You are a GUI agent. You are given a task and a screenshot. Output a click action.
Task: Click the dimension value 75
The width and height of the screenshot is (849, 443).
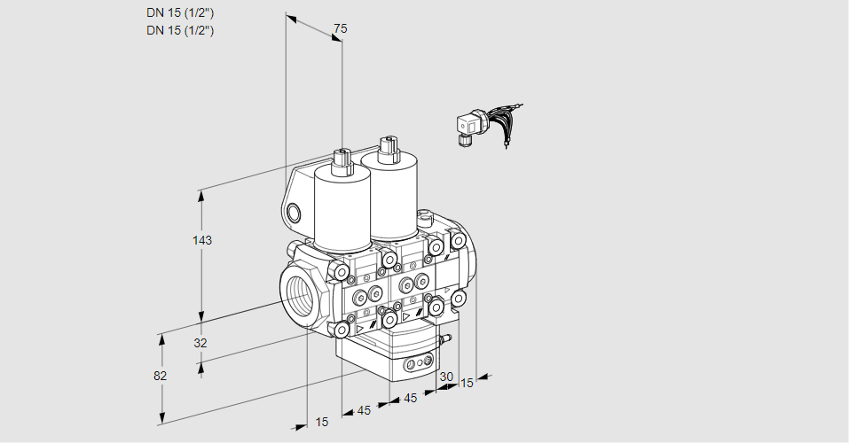[x=340, y=29]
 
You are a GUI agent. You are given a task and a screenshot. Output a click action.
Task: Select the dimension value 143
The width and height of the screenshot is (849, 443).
[x=204, y=240]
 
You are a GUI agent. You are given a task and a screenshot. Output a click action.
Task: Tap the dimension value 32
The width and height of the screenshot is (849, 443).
[x=200, y=343]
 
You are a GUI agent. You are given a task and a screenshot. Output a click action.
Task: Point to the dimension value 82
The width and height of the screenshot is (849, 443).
[x=160, y=375]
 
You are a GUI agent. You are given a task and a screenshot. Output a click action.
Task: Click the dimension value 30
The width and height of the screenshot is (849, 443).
[x=446, y=377]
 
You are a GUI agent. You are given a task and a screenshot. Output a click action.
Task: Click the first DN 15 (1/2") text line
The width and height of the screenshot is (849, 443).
[x=180, y=12]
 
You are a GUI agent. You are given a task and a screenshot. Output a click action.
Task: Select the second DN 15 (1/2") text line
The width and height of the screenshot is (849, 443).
[x=180, y=30]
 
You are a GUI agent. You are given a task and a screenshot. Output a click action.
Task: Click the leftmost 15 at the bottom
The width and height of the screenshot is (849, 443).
[x=321, y=422]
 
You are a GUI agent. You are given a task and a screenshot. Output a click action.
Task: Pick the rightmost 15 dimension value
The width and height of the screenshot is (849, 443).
[x=467, y=383]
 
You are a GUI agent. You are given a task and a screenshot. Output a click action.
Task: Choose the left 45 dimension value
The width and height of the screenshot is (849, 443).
[x=364, y=410]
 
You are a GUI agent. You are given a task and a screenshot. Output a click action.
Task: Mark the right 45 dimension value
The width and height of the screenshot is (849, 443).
[x=411, y=398]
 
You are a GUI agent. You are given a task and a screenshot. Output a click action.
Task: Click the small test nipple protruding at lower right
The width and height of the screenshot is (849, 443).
[x=446, y=338]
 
